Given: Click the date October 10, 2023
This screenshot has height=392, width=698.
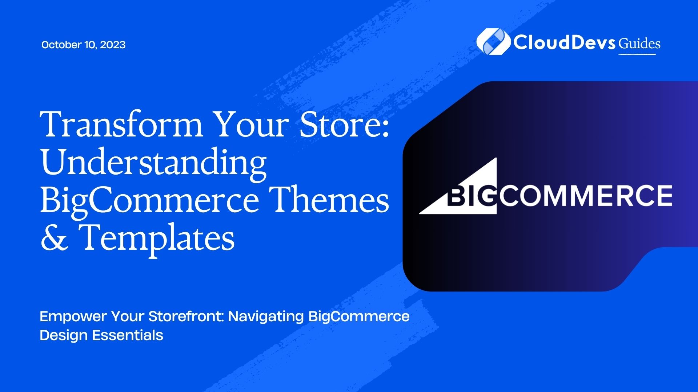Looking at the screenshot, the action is point(83,45).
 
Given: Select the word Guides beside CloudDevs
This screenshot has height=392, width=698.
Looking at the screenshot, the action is point(639,44).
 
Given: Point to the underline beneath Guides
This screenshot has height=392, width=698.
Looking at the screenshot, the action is point(637,54).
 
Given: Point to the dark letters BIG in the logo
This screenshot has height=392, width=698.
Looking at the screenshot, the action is point(471,196).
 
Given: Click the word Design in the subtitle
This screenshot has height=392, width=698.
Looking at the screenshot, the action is point(64,335).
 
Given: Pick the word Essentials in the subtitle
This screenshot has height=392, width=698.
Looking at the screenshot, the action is point(128,335).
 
